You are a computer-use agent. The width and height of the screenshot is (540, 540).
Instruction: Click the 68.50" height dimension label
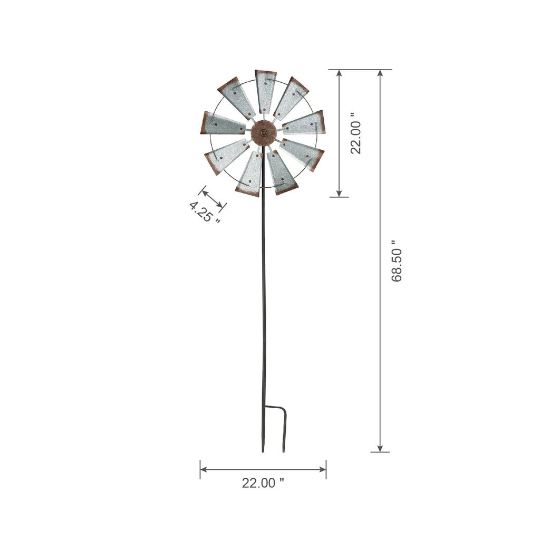pyautogui.click(x=397, y=261)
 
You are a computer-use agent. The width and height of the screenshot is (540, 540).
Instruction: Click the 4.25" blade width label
pyautogui.click(x=204, y=212)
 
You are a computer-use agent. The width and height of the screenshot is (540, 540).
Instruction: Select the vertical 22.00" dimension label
pyautogui.click(x=356, y=133)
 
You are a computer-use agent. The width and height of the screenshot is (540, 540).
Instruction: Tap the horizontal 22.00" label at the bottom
pyautogui.click(x=263, y=483)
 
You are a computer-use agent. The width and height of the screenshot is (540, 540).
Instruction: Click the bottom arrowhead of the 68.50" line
pyautogui.click(x=380, y=448)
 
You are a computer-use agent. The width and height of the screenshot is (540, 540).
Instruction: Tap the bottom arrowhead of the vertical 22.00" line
pyautogui.click(x=340, y=193)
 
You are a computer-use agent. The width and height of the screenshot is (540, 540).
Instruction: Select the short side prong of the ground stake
pyautogui.click(x=284, y=432)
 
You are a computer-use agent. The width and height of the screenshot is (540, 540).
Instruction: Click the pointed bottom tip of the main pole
pyautogui.click(x=263, y=450)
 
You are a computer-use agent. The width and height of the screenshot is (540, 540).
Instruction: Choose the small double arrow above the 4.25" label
pyautogui.click(x=212, y=197)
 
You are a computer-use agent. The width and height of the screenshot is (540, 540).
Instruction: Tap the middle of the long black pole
pyautogui.click(x=263, y=295)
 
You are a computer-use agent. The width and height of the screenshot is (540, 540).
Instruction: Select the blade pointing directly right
pyautogui.click(x=305, y=124)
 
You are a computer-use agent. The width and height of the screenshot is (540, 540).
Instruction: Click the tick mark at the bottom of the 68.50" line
pyautogui.click(x=380, y=452)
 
